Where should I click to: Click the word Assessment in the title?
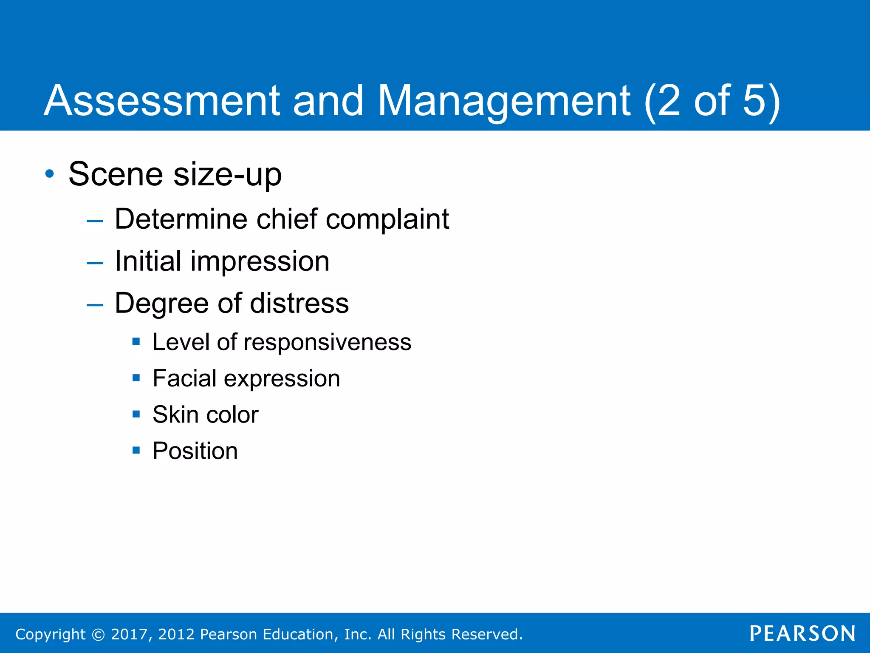162,101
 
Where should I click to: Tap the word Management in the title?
504,101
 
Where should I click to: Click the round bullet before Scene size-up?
50,174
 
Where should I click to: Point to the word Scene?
116,174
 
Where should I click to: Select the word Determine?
181,219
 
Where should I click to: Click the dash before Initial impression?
95,263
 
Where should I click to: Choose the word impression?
260,261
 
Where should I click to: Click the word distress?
299,303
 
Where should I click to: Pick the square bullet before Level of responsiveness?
136,341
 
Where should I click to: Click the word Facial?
185,378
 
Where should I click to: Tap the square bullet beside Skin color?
136,414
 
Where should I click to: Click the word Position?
195,451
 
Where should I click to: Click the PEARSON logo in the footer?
802,634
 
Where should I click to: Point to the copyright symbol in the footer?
98,635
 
